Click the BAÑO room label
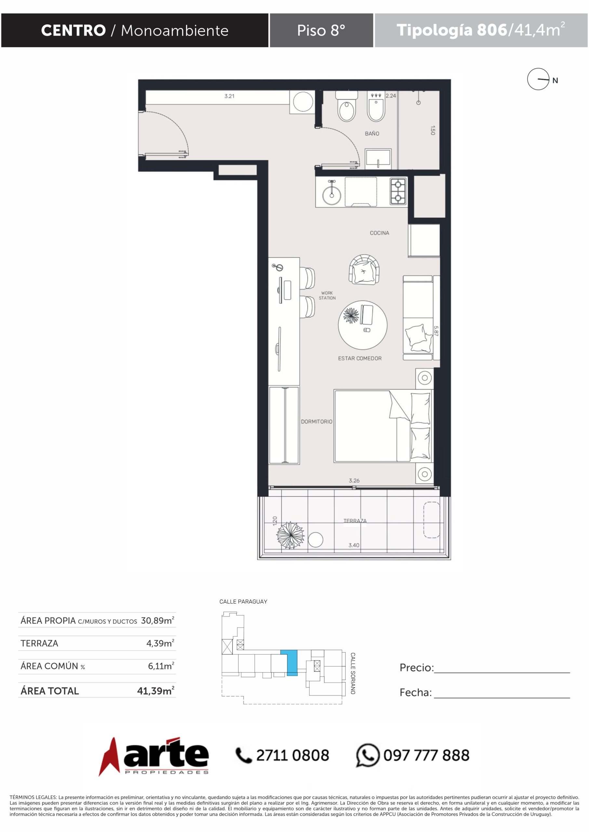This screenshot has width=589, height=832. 372,133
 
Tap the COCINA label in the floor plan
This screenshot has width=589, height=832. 379,233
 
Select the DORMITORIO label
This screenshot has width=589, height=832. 316,422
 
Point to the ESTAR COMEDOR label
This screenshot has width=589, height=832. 359,358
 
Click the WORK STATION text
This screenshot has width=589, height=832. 327,295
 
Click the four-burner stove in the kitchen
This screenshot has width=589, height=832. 398,191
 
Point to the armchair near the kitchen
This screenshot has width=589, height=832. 364,269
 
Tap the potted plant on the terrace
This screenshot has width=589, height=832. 290,535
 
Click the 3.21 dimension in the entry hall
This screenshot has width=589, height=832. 229,96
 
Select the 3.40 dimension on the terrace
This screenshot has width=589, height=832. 354,545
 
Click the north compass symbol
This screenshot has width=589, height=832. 538,79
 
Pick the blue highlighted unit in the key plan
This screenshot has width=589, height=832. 292,663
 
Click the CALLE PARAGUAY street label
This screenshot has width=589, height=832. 243,602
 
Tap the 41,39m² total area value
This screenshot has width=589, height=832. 155,690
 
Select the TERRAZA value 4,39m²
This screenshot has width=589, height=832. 160,643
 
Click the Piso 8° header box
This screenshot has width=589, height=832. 321,30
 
